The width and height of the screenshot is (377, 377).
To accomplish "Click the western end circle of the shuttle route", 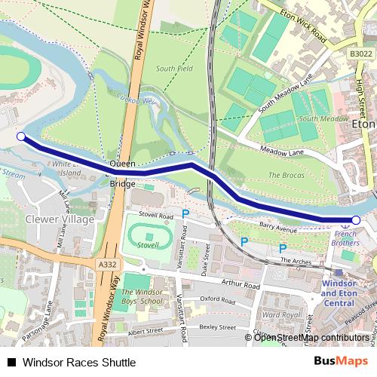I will click(x=21, y=136).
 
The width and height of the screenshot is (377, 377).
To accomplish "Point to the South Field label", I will click(x=175, y=69).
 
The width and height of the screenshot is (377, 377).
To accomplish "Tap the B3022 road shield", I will click(x=361, y=54).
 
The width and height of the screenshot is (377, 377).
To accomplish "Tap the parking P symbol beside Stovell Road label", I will click(x=185, y=215).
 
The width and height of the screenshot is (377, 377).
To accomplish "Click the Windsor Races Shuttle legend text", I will click(x=79, y=362).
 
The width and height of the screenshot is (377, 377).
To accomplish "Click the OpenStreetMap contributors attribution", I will click(x=310, y=337).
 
